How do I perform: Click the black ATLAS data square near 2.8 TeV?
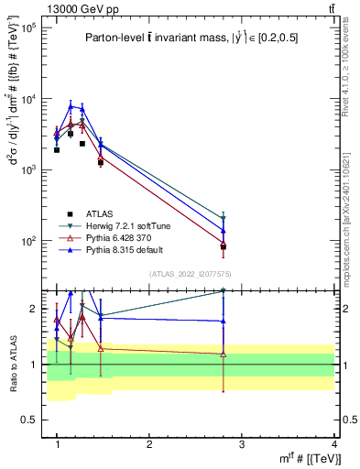pos(224,246)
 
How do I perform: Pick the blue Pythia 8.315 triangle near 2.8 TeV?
pos(224,230)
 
